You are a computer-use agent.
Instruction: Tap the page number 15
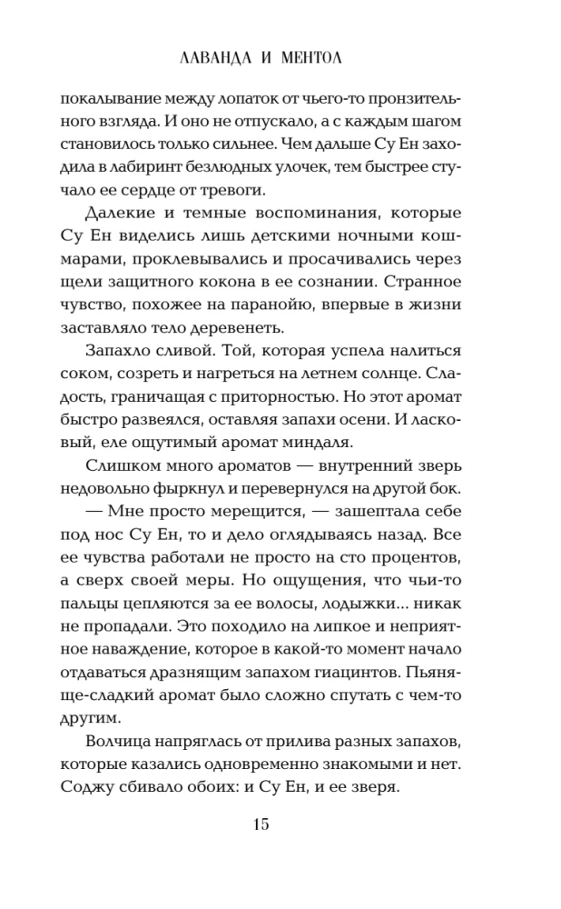(280, 824)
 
